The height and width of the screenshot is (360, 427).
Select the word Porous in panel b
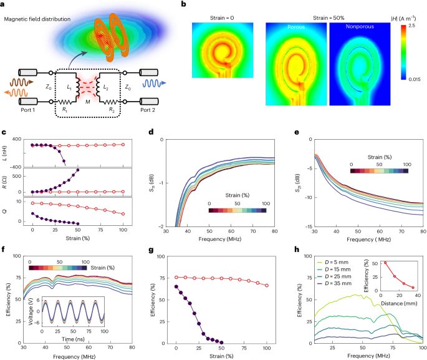click(287, 28)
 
